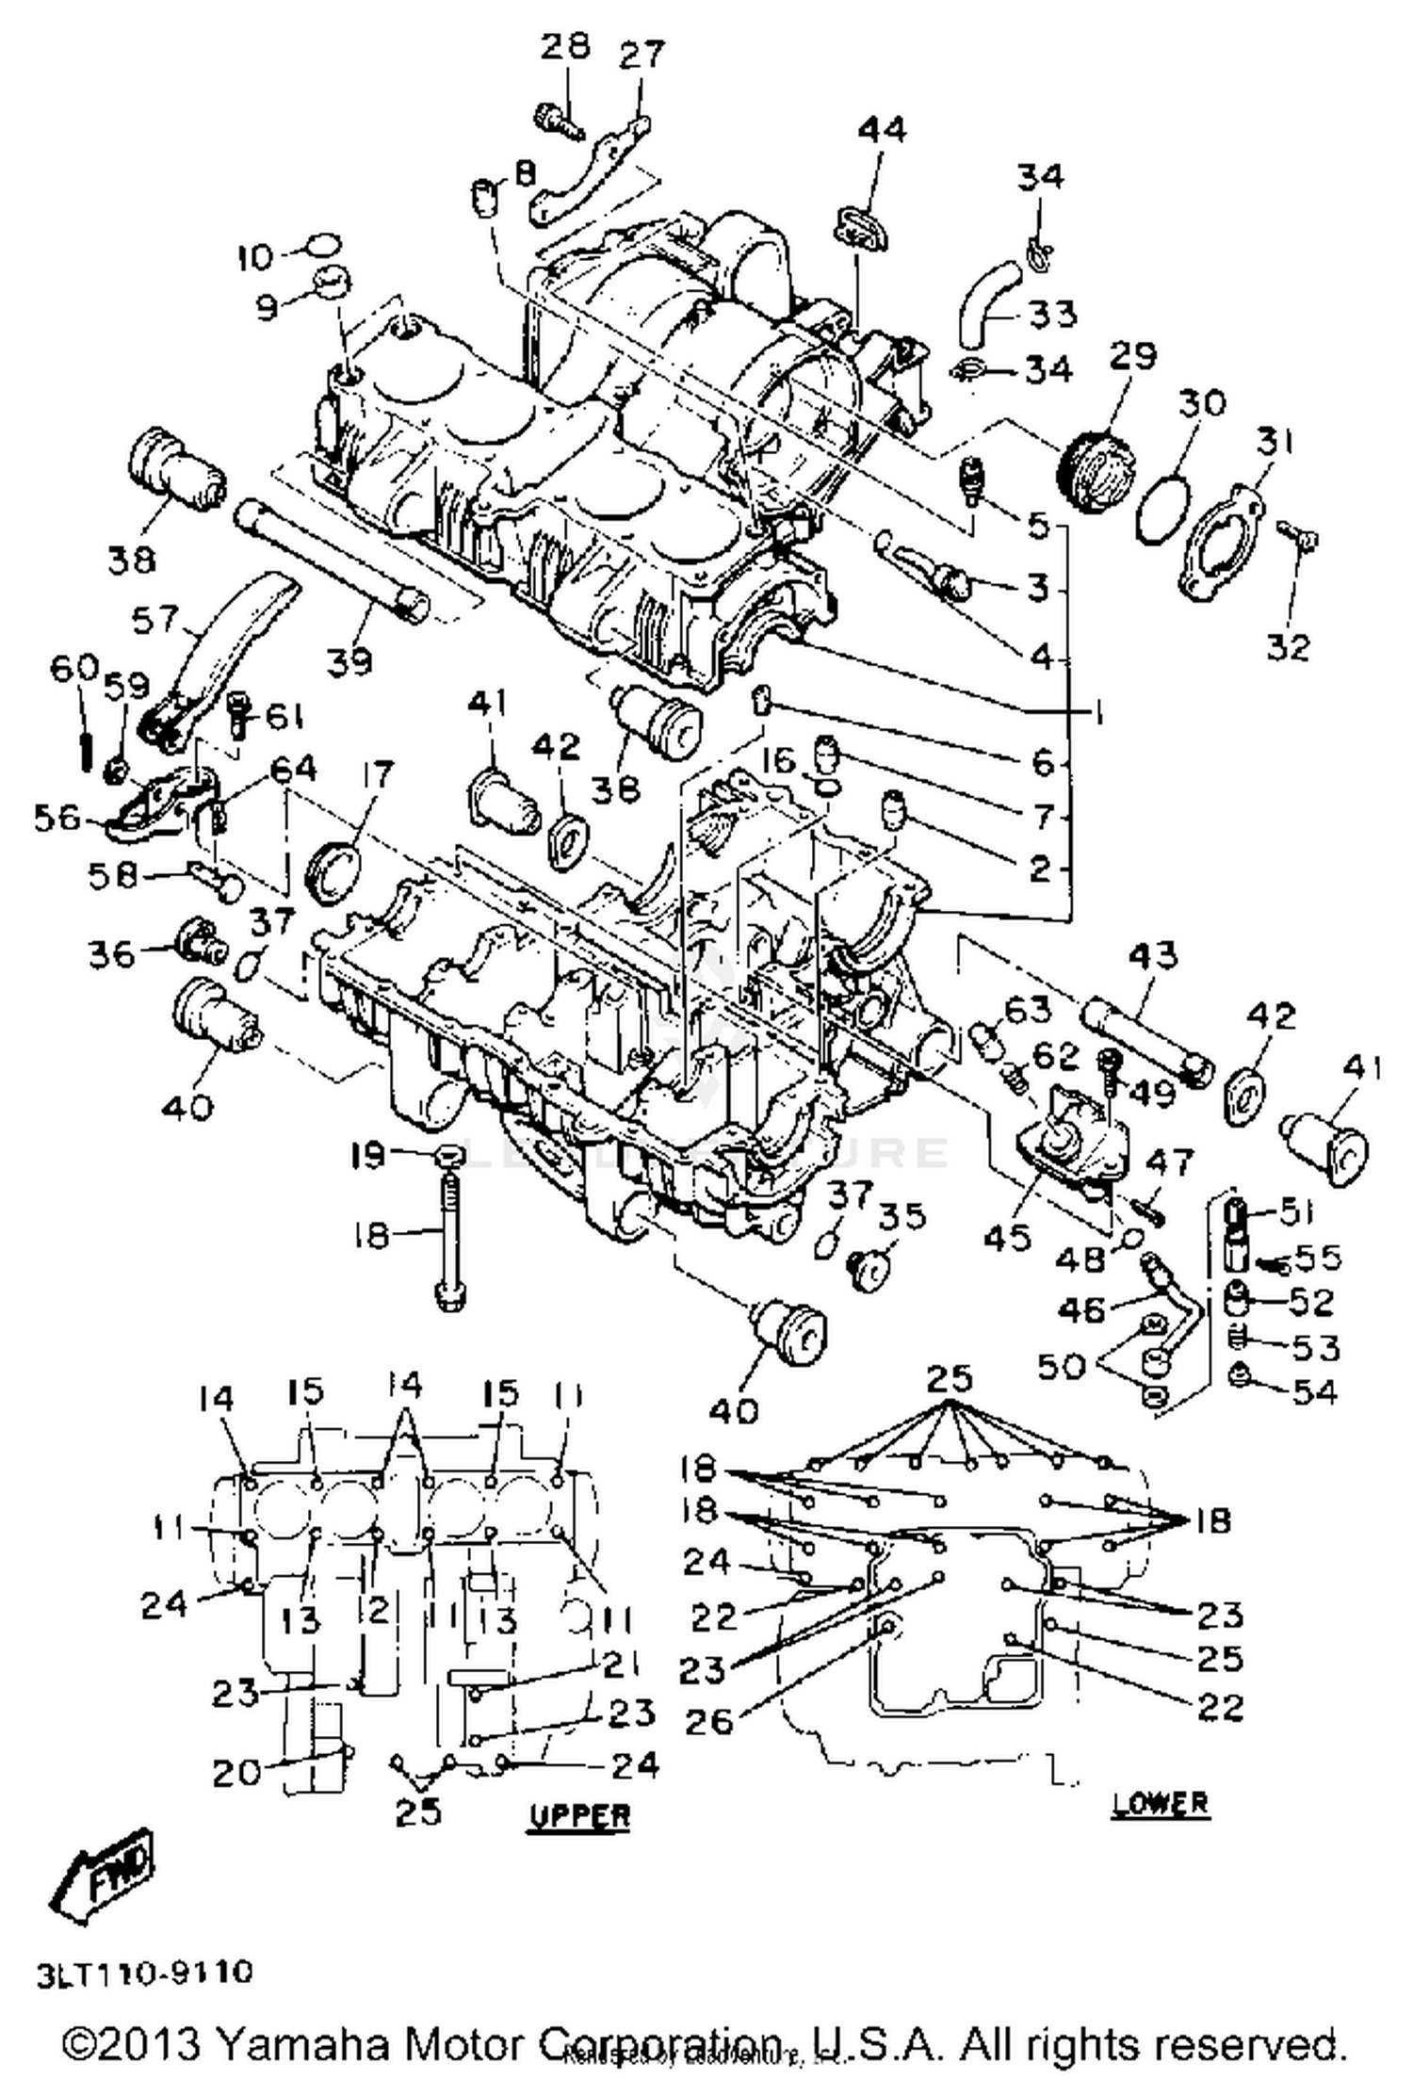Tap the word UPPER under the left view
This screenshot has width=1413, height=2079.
(x=578, y=1814)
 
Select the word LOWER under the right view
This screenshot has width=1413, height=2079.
(x=1161, y=1802)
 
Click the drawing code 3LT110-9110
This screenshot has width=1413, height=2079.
(x=146, y=1973)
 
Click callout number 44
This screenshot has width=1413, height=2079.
(x=882, y=129)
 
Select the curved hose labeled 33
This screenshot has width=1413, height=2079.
(x=986, y=304)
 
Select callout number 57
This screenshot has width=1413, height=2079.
(x=155, y=619)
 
